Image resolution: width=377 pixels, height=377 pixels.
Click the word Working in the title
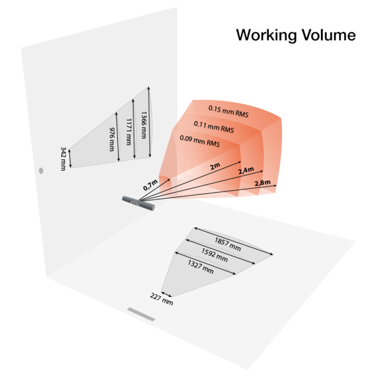coord(266,36)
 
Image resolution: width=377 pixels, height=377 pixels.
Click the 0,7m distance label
coord(150,184)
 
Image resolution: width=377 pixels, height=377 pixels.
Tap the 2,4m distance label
coord(246,171)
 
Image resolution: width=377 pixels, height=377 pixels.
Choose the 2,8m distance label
coord(262,183)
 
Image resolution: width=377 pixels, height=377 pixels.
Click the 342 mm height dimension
coord(63,159)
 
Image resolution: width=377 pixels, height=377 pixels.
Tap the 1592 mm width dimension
coord(215,255)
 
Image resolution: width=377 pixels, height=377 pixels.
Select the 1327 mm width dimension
coord(201,267)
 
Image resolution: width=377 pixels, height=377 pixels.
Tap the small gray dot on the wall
coord(41,171)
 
